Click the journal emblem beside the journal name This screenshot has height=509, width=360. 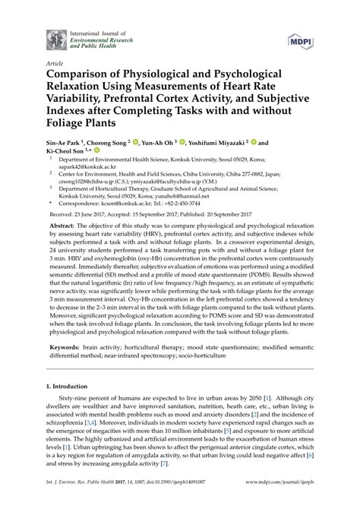click(x=55, y=38)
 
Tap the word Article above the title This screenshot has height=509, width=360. click(x=55, y=65)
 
